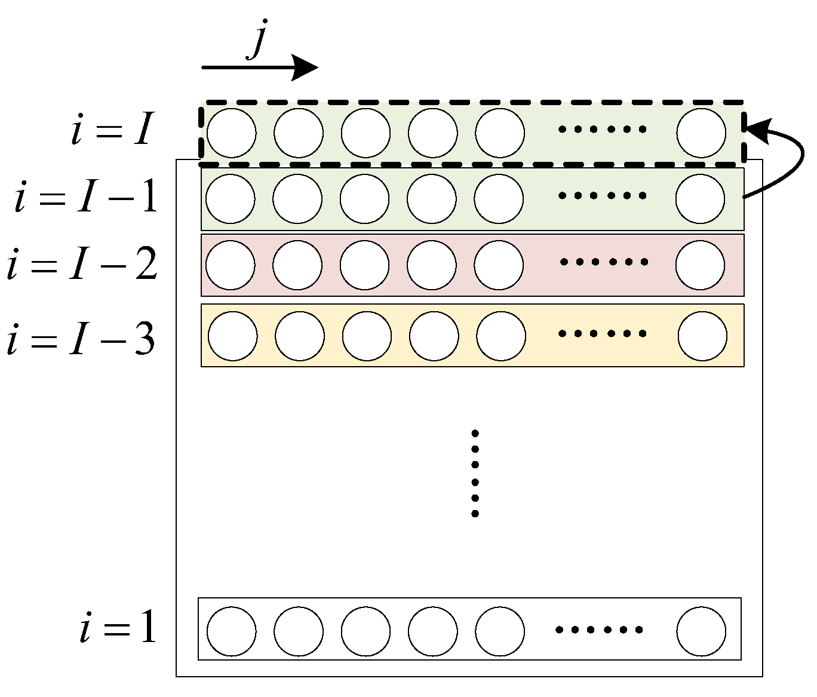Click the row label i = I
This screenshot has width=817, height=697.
(113, 130)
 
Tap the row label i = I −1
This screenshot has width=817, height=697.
(87, 198)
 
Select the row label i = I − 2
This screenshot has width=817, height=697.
(82, 265)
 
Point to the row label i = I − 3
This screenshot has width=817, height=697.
(81, 339)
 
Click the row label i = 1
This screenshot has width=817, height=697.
(118, 628)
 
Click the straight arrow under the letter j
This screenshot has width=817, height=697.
(259, 67)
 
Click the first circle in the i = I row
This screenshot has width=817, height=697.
(231, 133)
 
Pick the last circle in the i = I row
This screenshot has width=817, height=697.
(701, 133)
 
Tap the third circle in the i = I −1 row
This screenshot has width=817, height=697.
(364, 199)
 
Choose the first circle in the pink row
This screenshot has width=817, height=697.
(230, 265)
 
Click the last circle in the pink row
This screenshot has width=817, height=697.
(700, 265)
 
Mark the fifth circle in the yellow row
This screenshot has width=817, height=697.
(501, 336)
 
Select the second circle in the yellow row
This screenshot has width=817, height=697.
(300, 336)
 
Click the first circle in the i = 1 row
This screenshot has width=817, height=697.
(232, 631)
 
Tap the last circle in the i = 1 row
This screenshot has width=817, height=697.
(702, 631)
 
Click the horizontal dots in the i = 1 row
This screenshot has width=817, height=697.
(599, 630)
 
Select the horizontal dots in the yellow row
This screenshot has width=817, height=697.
(602, 334)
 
